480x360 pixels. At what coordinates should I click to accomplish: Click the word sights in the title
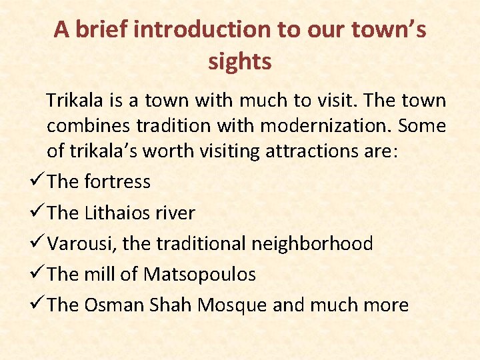(x=239, y=62)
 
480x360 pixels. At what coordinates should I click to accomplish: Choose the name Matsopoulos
(x=200, y=274)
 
